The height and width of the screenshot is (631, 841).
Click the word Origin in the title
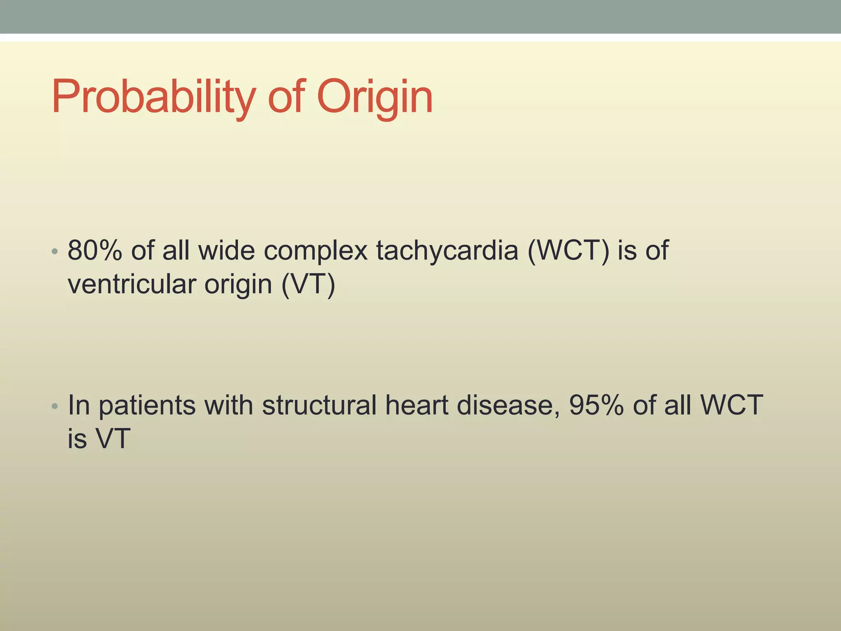click(375, 97)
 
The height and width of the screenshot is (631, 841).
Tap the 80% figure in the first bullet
click(95, 250)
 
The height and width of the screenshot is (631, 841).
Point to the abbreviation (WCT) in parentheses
click(568, 250)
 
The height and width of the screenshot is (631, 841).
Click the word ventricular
click(131, 284)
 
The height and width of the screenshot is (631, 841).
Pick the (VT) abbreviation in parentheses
click(308, 284)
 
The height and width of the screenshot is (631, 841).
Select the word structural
click(319, 405)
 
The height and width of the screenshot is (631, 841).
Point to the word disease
click(508, 405)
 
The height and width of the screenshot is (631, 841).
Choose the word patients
click(147, 405)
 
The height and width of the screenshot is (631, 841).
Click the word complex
click(315, 250)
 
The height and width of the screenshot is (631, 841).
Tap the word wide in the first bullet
click(226, 250)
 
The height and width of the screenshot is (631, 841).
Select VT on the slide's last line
click(113, 438)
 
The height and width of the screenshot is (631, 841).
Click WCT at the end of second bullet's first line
click(731, 405)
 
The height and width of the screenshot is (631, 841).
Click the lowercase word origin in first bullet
click(238, 284)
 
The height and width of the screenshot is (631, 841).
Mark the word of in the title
click(286, 97)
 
